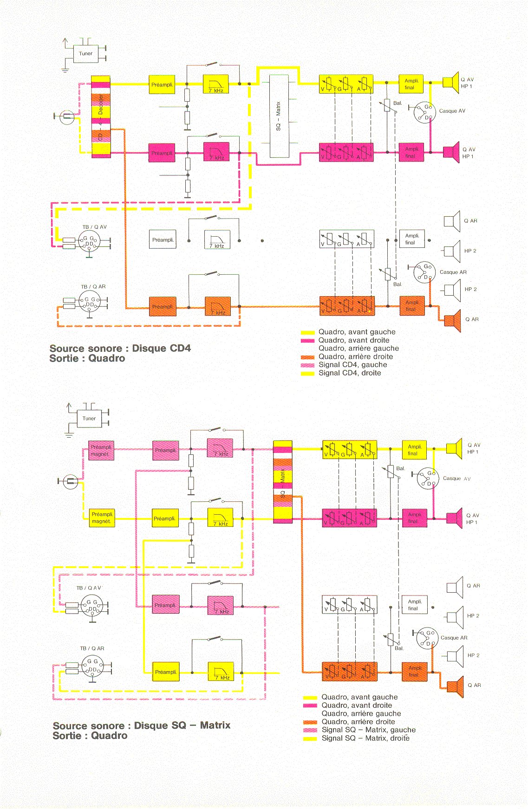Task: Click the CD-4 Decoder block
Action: tap(100, 117)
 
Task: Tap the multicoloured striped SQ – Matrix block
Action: tap(282, 482)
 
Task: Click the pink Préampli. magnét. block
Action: tap(101, 450)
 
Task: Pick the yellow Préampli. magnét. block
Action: tap(102, 518)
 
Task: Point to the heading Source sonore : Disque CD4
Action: tap(120, 348)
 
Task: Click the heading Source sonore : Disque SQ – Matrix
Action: tap(141, 725)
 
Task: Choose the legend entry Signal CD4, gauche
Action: tap(352, 365)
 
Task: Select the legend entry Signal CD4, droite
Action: tap(349, 373)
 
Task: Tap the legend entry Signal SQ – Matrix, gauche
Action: tap(368, 730)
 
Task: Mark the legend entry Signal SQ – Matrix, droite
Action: tap(365, 738)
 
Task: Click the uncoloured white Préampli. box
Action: tap(163, 240)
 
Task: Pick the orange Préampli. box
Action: tap(163, 307)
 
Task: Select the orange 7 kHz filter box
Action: tap(218, 307)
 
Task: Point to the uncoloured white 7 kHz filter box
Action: tap(217, 240)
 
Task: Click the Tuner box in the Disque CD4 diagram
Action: tap(85, 53)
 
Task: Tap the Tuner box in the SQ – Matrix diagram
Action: tap(89, 418)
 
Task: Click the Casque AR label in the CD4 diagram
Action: tap(453, 272)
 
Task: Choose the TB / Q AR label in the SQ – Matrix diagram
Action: tap(92, 648)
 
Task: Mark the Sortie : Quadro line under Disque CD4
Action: tap(87, 359)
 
